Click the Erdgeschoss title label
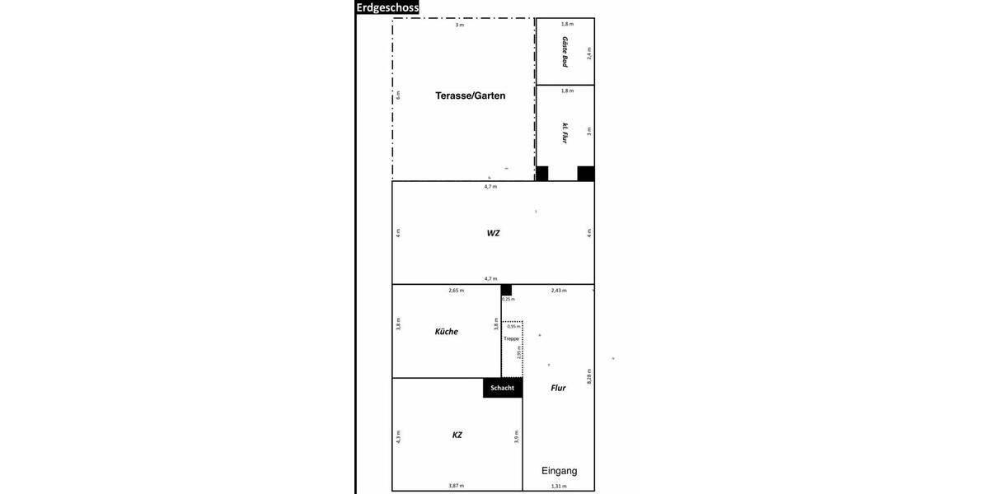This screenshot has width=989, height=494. [387, 7]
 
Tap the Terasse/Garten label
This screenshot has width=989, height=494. [470, 96]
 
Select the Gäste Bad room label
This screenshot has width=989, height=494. [565, 51]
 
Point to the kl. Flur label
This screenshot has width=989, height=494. [565, 133]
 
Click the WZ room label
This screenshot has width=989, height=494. [493, 233]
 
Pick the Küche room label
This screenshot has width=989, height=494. [446, 332]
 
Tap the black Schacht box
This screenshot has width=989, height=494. [503, 388]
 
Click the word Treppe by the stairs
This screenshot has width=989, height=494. [512, 338]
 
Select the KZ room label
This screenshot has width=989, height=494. [457, 434]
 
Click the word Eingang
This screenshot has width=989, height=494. [559, 471]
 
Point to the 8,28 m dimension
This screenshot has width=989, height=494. [589, 376]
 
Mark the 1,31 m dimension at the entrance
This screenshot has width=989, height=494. [559, 487]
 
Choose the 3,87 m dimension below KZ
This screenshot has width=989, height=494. [457, 487]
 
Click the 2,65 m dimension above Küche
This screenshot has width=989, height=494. [456, 291]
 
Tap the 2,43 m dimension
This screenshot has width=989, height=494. [559, 291]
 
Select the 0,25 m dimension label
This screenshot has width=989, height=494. [507, 299]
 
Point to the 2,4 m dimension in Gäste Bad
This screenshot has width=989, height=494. [589, 54]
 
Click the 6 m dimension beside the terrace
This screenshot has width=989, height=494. [397, 95]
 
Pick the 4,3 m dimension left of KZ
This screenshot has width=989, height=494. [398, 436]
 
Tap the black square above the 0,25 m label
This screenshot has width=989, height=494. [506, 290]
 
